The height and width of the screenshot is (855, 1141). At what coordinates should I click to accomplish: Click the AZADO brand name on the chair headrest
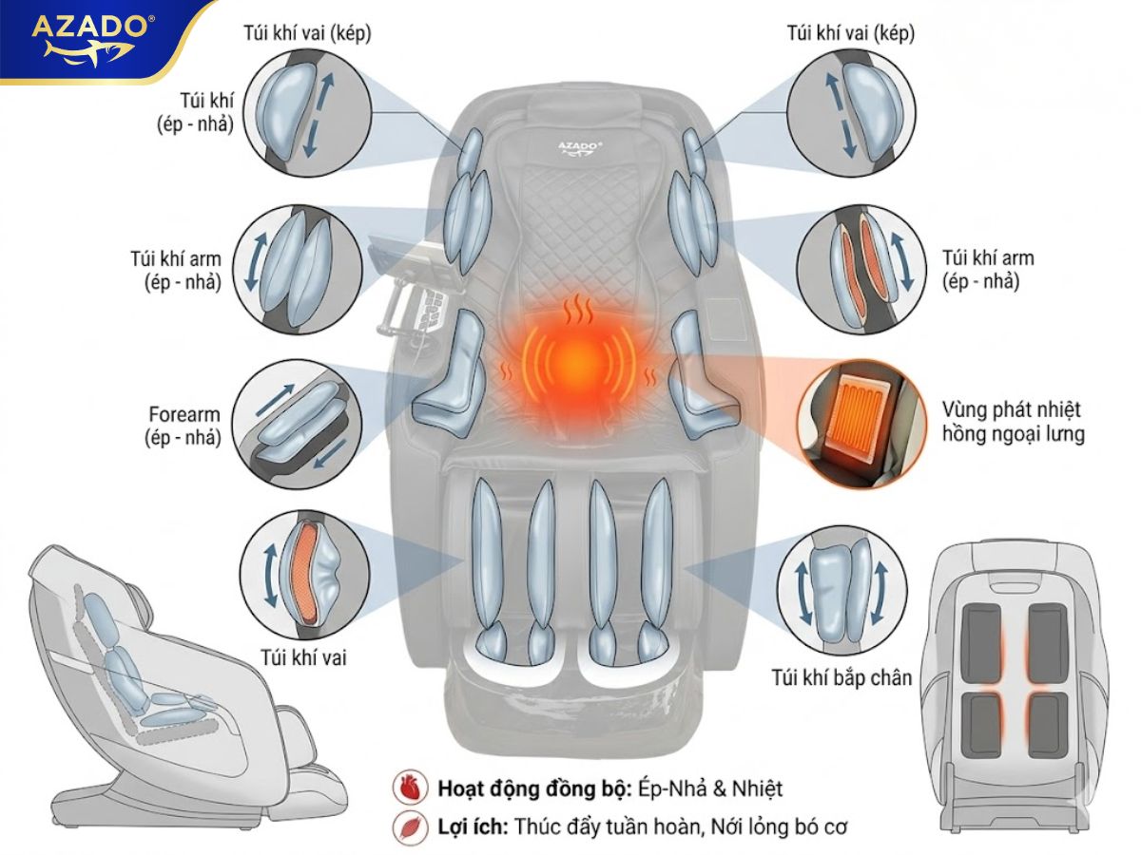coord(573,146)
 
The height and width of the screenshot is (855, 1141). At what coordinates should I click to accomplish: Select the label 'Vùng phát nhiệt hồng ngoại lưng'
coord(1012,423)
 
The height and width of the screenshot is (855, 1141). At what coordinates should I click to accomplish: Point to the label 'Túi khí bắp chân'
coord(841,677)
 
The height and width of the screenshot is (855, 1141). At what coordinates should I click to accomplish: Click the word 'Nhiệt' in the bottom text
coord(757,788)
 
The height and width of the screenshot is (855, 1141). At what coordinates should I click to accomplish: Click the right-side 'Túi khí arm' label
coord(988,269)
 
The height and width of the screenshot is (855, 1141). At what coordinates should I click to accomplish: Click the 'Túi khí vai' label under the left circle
coord(302,656)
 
